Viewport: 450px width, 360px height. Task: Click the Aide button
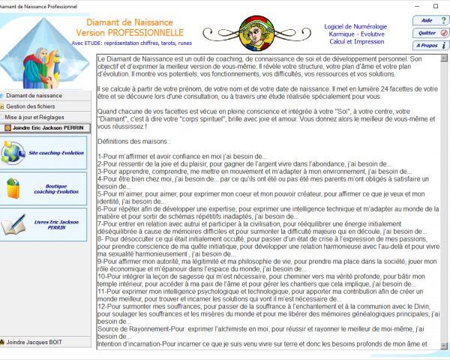click(x=429, y=20)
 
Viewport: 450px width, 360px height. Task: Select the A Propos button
click(x=429, y=46)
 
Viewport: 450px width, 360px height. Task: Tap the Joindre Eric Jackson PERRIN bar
click(x=45, y=128)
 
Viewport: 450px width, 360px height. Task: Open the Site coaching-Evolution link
click(x=45, y=153)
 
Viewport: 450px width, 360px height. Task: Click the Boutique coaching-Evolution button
click(x=45, y=188)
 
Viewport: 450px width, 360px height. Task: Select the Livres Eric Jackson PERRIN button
click(x=45, y=224)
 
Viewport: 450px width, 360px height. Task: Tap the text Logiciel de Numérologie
click(x=355, y=26)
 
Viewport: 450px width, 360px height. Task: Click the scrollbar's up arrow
click(x=445, y=77)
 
